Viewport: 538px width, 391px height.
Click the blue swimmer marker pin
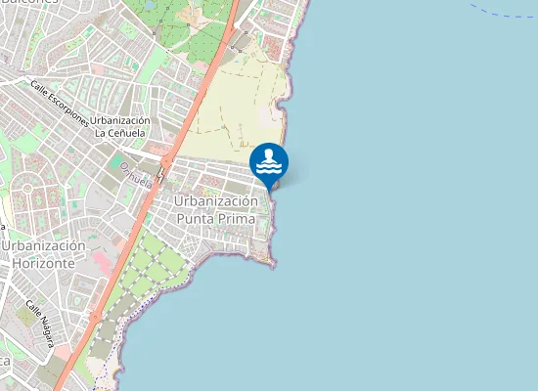pos(269,162)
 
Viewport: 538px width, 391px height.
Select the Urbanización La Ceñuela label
pos(120,126)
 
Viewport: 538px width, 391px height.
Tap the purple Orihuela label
pos(136,176)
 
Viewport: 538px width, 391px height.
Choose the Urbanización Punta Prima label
pos(216,209)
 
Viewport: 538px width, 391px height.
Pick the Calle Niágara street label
pos(40,324)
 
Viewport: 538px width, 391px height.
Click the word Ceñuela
pos(127,133)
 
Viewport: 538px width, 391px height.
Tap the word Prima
pos(238,219)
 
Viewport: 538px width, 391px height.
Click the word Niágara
pos(45,329)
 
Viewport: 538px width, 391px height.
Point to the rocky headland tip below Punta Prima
pos(271,262)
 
